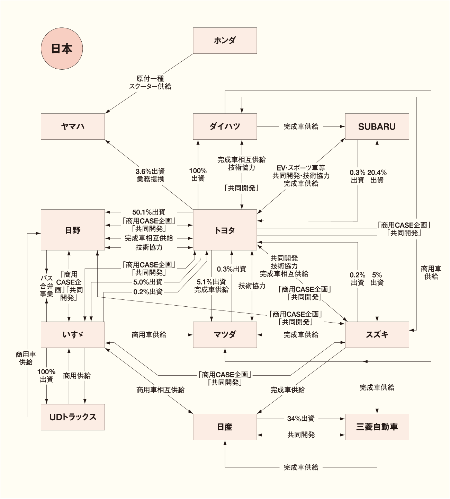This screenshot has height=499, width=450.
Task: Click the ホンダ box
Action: pyautogui.click(x=225, y=41)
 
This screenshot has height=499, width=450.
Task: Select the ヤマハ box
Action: pyautogui.click(x=73, y=126)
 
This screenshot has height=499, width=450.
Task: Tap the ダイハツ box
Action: pyautogui.click(x=225, y=126)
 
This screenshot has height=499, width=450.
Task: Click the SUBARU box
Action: pyautogui.click(x=377, y=126)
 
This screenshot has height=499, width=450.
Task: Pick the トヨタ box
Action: pyautogui.click(x=225, y=230)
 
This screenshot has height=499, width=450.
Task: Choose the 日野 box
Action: pyautogui.click(x=73, y=230)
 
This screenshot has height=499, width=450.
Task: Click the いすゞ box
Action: pyautogui.click(x=73, y=335)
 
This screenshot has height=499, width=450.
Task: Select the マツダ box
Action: pyautogui.click(x=225, y=335)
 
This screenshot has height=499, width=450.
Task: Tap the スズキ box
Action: pyautogui.click(x=377, y=335)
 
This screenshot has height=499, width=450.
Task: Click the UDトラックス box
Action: pyautogui.click(x=73, y=417)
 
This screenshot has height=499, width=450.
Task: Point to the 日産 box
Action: pyautogui.click(x=225, y=427)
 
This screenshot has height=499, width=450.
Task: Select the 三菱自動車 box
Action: pyautogui.click(x=377, y=427)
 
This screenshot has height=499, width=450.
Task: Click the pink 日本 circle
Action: pyautogui.click(x=62, y=49)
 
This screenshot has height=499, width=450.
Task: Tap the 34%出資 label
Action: pyautogui.click(x=301, y=419)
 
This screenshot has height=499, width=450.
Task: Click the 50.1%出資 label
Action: pyautogui.click(x=149, y=212)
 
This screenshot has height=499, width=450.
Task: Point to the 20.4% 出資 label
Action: pyautogui.click(x=377, y=176)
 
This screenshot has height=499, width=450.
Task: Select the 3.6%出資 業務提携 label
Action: pyautogui.click(x=150, y=175)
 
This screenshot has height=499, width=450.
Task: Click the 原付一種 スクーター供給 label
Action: pyautogui.click(x=150, y=82)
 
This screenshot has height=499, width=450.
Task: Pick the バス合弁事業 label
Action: pyautogui.click(x=46, y=286)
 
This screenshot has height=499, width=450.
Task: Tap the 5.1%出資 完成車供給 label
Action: pyautogui.click(x=211, y=286)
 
